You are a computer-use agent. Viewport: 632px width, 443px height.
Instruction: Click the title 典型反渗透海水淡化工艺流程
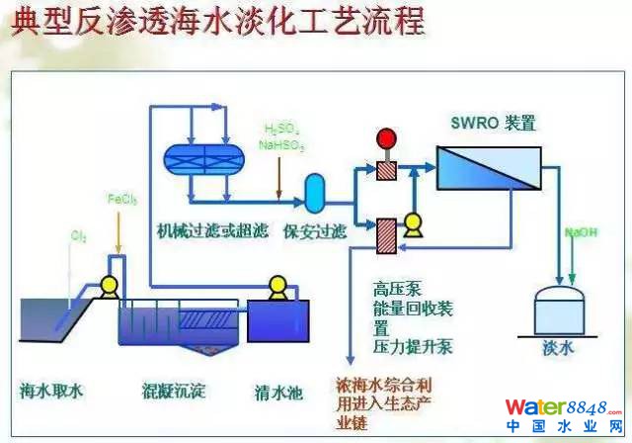(x=218, y=21)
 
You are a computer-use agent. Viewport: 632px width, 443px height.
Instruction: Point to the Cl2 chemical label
(x=78, y=236)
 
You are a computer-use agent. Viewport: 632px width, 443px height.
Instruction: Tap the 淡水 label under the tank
(x=557, y=348)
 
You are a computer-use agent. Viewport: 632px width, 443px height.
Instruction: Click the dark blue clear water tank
(x=279, y=321)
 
